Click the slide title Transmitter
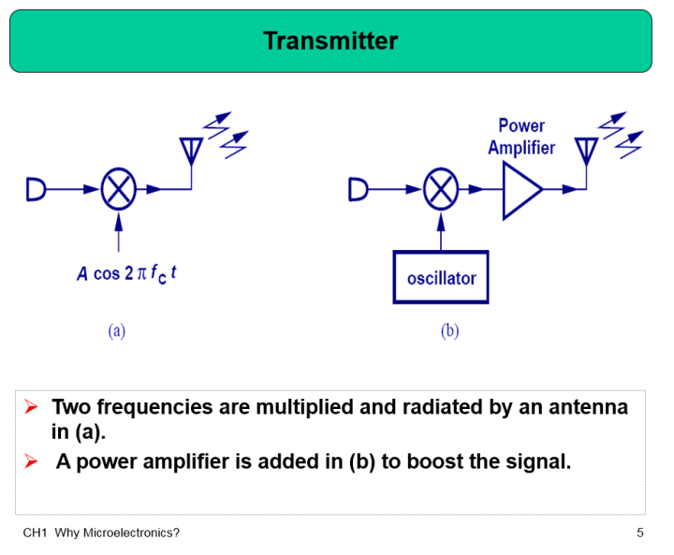tap(330, 41)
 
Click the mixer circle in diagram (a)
tap(118, 189)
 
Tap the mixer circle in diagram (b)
tap(440, 189)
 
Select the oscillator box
tap(441, 277)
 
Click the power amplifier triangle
tap(520, 189)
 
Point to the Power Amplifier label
tap(521, 137)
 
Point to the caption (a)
tap(117, 330)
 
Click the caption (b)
tap(450, 330)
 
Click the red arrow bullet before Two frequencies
tap(31, 407)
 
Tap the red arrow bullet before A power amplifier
tap(31, 461)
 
